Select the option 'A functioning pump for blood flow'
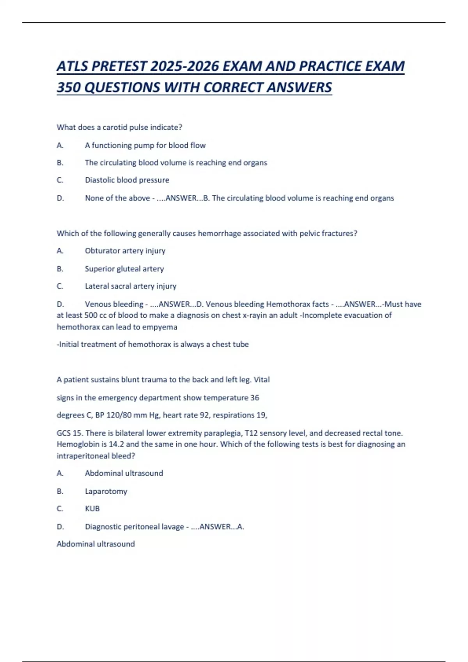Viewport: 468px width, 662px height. point(145,145)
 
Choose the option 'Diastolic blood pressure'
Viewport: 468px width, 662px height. point(127,180)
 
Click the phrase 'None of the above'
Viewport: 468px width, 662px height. point(117,198)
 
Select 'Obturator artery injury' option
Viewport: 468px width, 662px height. point(125,251)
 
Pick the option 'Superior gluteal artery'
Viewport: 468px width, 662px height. point(124,269)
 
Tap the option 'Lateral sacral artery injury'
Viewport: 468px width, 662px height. point(131,286)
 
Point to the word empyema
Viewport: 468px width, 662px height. point(160,327)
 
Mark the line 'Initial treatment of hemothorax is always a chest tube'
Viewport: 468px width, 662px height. point(153,344)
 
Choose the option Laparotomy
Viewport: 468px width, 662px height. point(106,491)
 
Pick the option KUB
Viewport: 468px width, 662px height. point(92,509)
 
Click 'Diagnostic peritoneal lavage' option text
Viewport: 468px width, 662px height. point(134,527)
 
